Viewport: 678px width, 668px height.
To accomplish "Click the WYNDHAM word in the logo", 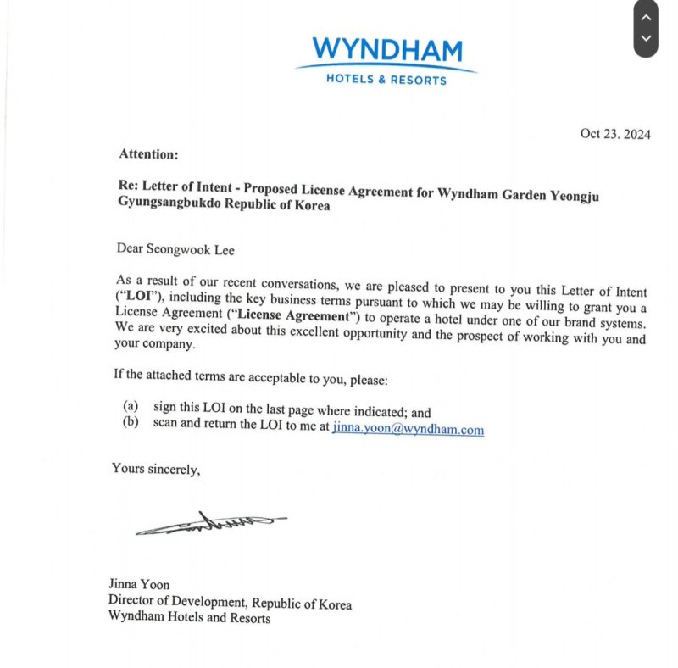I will click(386, 50).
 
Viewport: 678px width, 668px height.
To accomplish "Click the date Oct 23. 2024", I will click(615, 134).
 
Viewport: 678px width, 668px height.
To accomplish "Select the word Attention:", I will click(148, 154).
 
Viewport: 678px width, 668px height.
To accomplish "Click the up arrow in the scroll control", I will click(646, 17).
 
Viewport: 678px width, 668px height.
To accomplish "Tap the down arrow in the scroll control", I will click(646, 38).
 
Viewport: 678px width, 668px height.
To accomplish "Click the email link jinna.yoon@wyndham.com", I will click(408, 429).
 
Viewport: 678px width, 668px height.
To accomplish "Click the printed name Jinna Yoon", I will click(139, 584).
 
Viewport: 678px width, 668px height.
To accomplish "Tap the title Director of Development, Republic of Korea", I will click(230, 603).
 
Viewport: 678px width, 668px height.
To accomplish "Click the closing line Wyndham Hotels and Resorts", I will click(189, 618).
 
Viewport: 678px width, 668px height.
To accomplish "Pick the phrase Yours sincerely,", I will click(157, 468).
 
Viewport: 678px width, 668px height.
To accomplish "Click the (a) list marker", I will click(131, 407).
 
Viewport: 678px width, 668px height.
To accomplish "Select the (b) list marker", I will click(131, 422).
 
